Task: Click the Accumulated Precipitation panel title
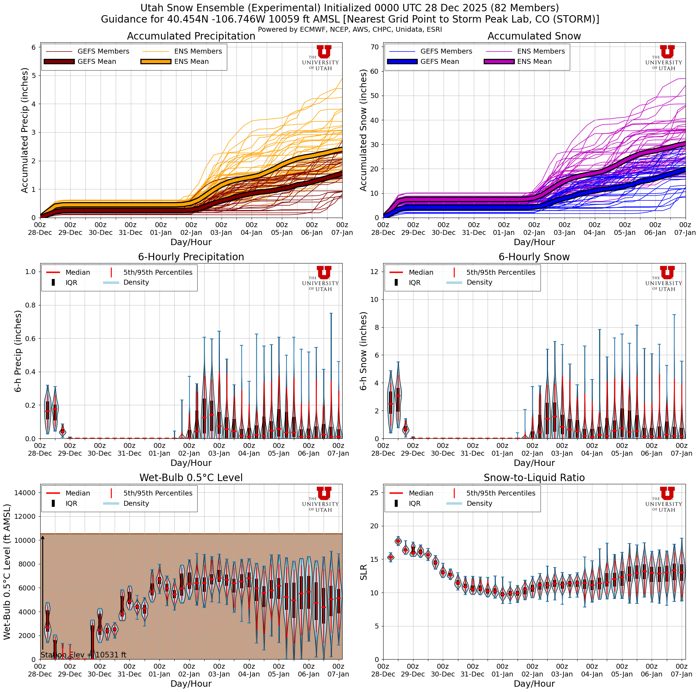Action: tap(191, 36)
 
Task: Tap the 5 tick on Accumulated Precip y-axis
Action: tap(33, 76)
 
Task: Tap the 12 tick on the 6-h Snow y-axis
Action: tap(375, 272)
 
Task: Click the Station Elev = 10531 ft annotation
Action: tap(83, 655)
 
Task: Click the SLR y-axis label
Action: tap(363, 572)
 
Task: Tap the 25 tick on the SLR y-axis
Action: tap(375, 493)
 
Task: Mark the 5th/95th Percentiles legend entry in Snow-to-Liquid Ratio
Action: tap(500, 493)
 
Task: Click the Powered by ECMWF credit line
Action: tap(350, 29)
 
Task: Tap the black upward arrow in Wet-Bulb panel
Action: tap(42, 594)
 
